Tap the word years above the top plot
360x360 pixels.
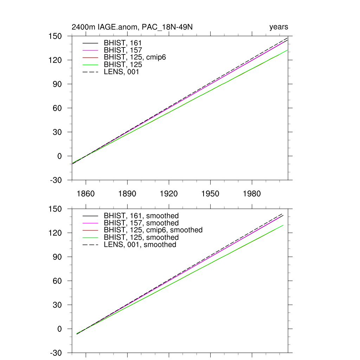(x=279, y=27)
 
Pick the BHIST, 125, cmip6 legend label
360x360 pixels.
(x=135, y=58)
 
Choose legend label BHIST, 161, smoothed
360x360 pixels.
(x=141, y=216)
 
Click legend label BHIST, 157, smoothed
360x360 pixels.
(x=141, y=223)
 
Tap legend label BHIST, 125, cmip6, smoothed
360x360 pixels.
(x=153, y=230)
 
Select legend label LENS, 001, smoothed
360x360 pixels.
(x=140, y=245)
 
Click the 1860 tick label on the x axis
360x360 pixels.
(x=86, y=194)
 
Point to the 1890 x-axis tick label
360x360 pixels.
(x=127, y=194)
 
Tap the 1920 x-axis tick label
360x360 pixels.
(x=169, y=194)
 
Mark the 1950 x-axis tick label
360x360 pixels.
(x=210, y=194)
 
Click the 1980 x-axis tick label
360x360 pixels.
(x=252, y=194)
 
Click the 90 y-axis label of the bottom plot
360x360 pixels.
(x=59, y=257)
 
